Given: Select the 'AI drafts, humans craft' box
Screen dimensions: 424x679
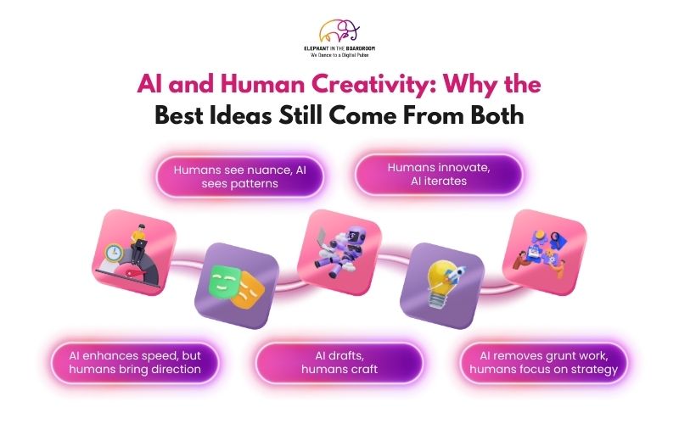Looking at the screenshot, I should [x=339, y=363].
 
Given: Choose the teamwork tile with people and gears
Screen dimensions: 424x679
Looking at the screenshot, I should [x=543, y=252].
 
